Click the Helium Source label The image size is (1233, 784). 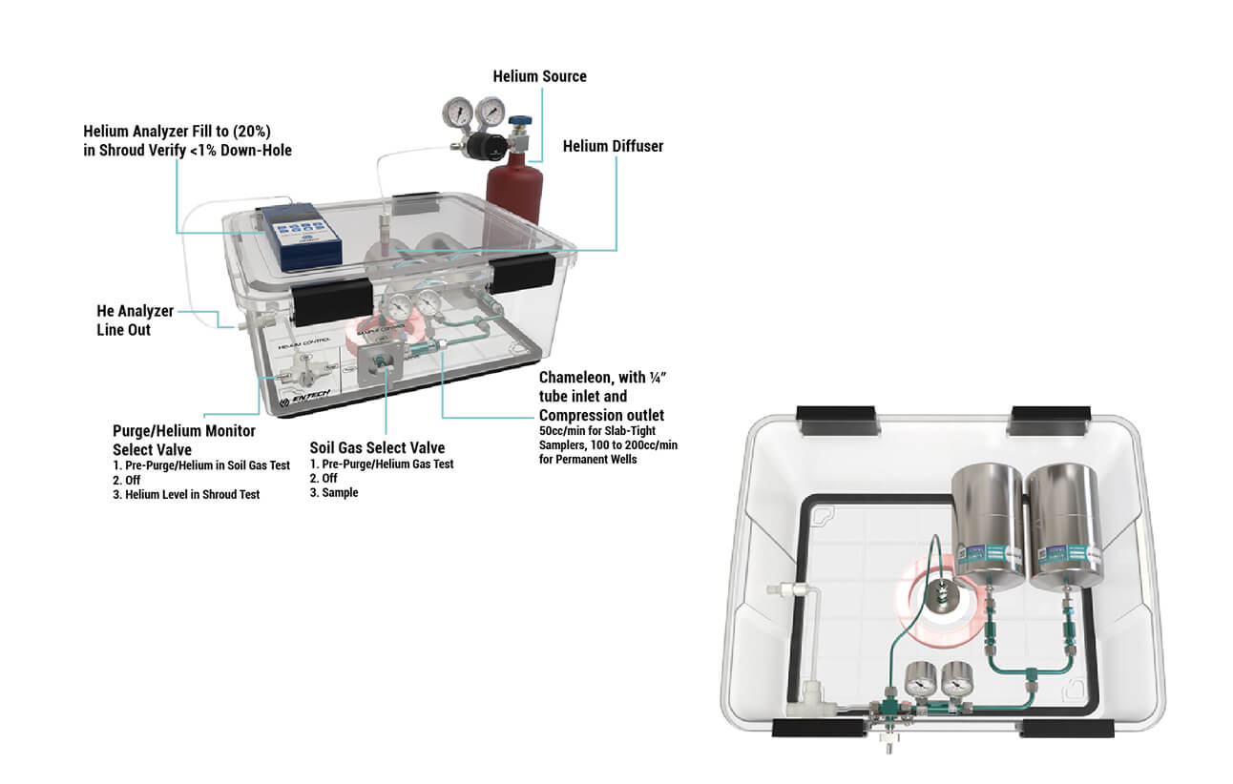(x=539, y=76)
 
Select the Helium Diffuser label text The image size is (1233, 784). (x=613, y=146)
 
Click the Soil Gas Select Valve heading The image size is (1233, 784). (x=377, y=447)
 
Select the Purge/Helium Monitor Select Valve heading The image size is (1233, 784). (x=183, y=440)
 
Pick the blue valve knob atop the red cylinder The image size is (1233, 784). (x=519, y=127)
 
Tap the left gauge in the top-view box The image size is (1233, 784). (x=921, y=682)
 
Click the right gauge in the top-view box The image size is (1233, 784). (x=955, y=682)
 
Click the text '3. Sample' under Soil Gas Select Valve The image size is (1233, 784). (x=334, y=493)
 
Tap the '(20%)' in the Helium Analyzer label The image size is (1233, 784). (x=261, y=131)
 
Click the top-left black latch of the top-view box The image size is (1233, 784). (x=834, y=416)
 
